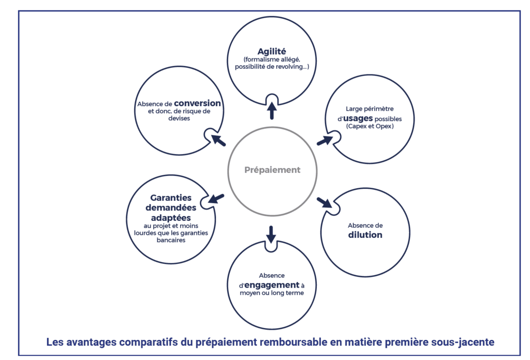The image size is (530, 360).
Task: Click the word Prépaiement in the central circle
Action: [x=272, y=170]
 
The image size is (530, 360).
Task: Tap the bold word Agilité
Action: [x=272, y=51]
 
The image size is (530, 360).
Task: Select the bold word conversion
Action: [x=198, y=103]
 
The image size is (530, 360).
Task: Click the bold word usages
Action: [x=358, y=118]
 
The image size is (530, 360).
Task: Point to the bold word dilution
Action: [x=365, y=235]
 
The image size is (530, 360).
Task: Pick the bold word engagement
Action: [x=272, y=285]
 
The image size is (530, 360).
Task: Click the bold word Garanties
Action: [x=171, y=198]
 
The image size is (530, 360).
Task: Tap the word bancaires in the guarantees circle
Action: [x=171, y=240]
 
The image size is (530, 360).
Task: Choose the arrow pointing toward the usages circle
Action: [x=325, y=140]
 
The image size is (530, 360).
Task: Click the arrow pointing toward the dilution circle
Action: [x=325, y=202]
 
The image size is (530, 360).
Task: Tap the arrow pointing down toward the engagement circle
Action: [x=271, y=234]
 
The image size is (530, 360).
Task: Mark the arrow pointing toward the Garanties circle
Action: [x=216, y=199]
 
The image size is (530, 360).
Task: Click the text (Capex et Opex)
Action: [x=370, y=126]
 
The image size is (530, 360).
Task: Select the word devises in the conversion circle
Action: [x=179, y=118]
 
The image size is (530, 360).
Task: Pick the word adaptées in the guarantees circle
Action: [x=171, y=218]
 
